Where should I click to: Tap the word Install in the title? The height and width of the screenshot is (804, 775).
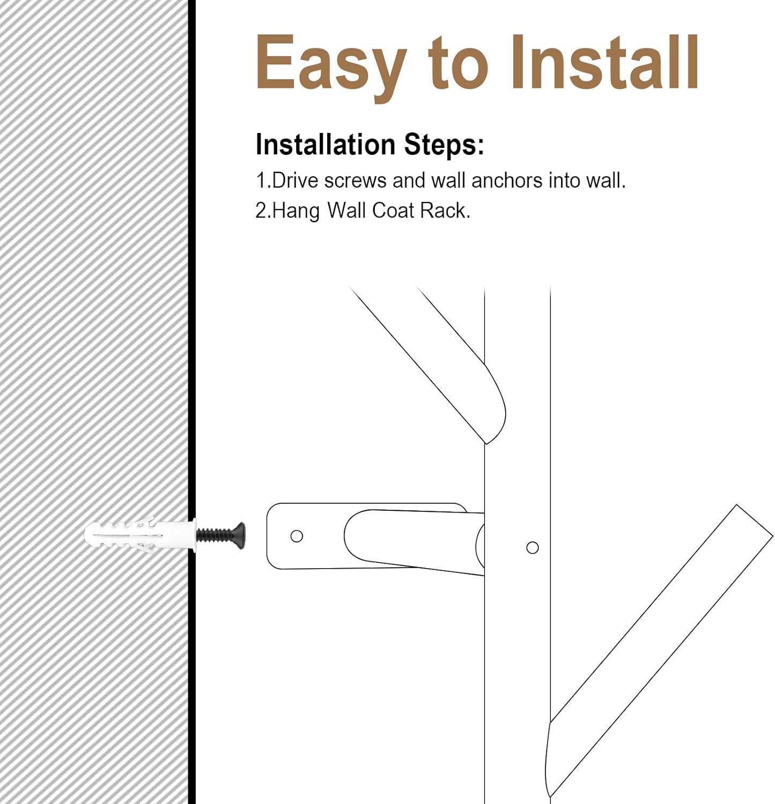coord(604,62)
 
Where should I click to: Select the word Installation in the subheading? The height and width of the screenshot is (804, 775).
coord(326,144)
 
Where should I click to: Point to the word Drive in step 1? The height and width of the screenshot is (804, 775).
coord(295,181)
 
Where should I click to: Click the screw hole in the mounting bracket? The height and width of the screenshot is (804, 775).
coord(297,536)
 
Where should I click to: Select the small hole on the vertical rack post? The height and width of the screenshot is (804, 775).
coord(533,547)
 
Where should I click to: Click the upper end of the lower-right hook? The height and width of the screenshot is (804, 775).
coord(754,520)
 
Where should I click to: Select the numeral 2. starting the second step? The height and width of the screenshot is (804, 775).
coord(263,211)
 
